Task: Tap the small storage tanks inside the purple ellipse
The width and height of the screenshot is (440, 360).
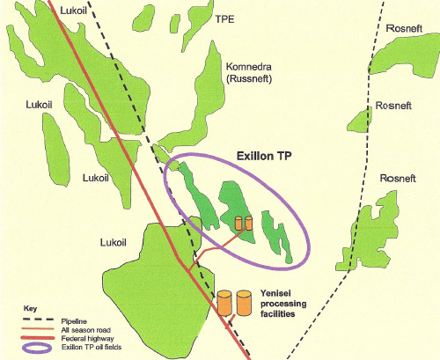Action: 243,224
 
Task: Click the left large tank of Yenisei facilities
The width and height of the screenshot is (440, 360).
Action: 225,303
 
